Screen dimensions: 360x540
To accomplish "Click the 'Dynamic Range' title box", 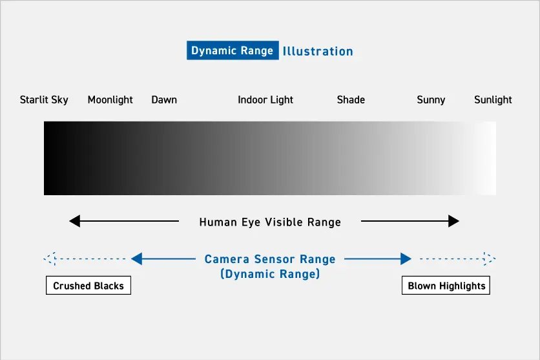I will pyautogui.click(x=233, y=51).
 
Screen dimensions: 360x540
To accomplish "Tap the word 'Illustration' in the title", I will pyautogui.click(x=318, y=51).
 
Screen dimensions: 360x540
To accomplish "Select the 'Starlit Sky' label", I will pyautogui.click(x=44, y=100).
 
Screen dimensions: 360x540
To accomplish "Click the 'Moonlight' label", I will pyautogui.click(x=110, y=100).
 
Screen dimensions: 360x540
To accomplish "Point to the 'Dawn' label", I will pyautogui.click(x=164, y=100).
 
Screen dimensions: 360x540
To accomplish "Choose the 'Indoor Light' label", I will pyautogui.click(x=265, y=100).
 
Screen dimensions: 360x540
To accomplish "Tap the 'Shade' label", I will pyautogui.click(x=351, y=100).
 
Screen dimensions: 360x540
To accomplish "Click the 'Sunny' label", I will pyautogui.click(x=431, y=100).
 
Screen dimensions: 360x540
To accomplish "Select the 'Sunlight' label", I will pyautogui.click(x=493, y=100).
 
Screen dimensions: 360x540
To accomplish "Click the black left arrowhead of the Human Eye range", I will pyautogui.click(x=74, y=222).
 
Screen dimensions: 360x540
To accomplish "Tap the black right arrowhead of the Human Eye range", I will pyautogui.click(x=453, y=222).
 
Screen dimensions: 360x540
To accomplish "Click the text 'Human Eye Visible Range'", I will pyautogui.click(x=270, y=222).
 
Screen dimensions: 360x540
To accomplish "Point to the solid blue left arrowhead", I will pyautogui.click(x=136, y=259).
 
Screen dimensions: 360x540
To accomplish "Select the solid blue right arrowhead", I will pyautogui.click(x=406, y=259).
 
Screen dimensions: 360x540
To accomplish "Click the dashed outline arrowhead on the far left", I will pyautogui.click(x=50, y=259).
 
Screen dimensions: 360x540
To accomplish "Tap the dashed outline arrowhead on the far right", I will pyautogui.click(x=490, y=259).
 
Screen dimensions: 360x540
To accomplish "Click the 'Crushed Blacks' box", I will pyautogui.click(x=88, y=286).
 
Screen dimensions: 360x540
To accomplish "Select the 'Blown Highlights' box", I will pyautogui.click(x=446, y=286).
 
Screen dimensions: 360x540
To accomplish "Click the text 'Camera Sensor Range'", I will pyautogui.click(x=270, y=259).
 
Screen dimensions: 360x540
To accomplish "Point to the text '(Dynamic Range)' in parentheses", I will pyautogui.click(x=270, y=274).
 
